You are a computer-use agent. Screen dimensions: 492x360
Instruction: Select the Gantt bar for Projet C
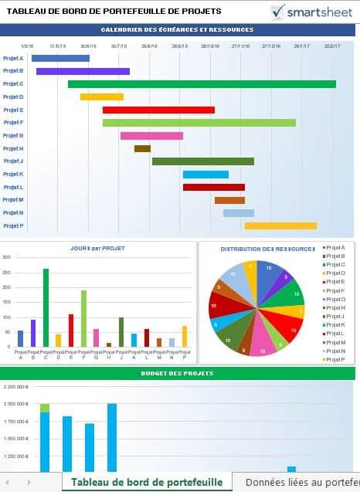click(x=201, y=84)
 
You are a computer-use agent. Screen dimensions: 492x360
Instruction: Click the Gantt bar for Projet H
click(x=142, y=148)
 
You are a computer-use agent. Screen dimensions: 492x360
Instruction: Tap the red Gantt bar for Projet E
click(x=158, y=110)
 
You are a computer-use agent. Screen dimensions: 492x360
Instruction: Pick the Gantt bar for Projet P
click(x=280, y=226)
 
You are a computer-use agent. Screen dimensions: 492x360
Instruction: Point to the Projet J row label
click(x=13, y=161)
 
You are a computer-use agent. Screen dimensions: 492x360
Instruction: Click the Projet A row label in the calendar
click(x=13, y=58)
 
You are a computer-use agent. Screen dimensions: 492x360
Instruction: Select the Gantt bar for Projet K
click(x=205, y=175)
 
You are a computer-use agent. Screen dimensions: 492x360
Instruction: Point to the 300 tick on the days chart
click(x=6, y=257)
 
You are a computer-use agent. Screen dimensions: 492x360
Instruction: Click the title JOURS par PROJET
click(x=97, y=249)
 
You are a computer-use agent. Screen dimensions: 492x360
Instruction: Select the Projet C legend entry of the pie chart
click(x=335, y=265)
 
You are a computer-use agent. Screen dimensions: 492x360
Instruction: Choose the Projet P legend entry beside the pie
click(x=335, y=359)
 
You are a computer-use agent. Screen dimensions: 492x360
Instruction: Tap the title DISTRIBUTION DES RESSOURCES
click(x=267, y=249)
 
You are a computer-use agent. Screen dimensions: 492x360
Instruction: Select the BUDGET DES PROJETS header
click(x=177, y=374)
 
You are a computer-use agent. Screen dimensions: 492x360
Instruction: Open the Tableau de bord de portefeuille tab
click(x=147, y=482)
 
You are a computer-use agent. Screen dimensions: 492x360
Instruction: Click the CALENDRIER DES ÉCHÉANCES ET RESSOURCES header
click(x=177, y=29)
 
